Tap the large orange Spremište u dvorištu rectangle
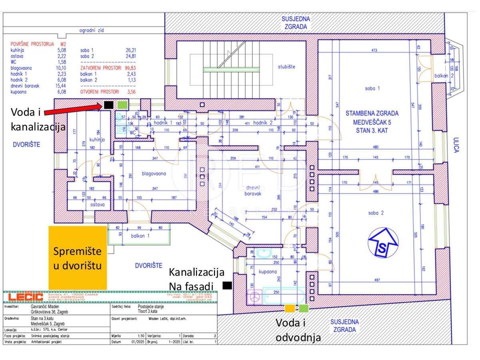[78, 258]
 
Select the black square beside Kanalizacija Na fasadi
[227, 285]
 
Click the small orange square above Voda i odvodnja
[289, 308]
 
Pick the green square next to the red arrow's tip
[122, 105]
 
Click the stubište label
[286, 67]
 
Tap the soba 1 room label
[372, 88]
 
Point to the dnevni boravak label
[253, 190]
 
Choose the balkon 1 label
[140, 236]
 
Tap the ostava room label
[97, 204]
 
